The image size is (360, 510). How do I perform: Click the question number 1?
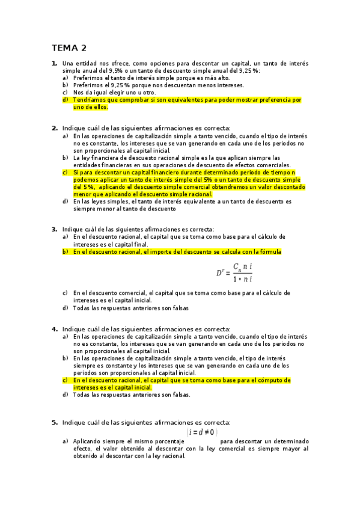[x=54, y=63]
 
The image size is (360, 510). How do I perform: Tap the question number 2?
[x=54, y=128]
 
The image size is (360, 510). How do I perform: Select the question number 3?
[x=54, y=229]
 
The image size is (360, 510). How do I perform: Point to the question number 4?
[x=54, y=329]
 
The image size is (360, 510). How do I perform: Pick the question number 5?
[x=54, y=422]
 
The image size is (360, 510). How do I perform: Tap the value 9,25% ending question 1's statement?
[x=249, y=70]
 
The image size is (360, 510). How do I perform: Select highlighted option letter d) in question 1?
[x=65, y=100]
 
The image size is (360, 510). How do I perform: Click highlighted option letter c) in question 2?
[x=65, y=172]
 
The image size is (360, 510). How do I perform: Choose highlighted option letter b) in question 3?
[x=65, y=251]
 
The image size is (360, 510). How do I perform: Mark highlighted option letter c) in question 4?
[x=65, y=380]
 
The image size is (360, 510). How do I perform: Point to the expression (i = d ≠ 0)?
[x=203, y=432]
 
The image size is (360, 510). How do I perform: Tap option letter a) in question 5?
[x=65, y=441]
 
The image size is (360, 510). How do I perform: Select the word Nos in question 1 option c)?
[x=78, y=93]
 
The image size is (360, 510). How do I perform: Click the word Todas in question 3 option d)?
[x=82, y=307]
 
